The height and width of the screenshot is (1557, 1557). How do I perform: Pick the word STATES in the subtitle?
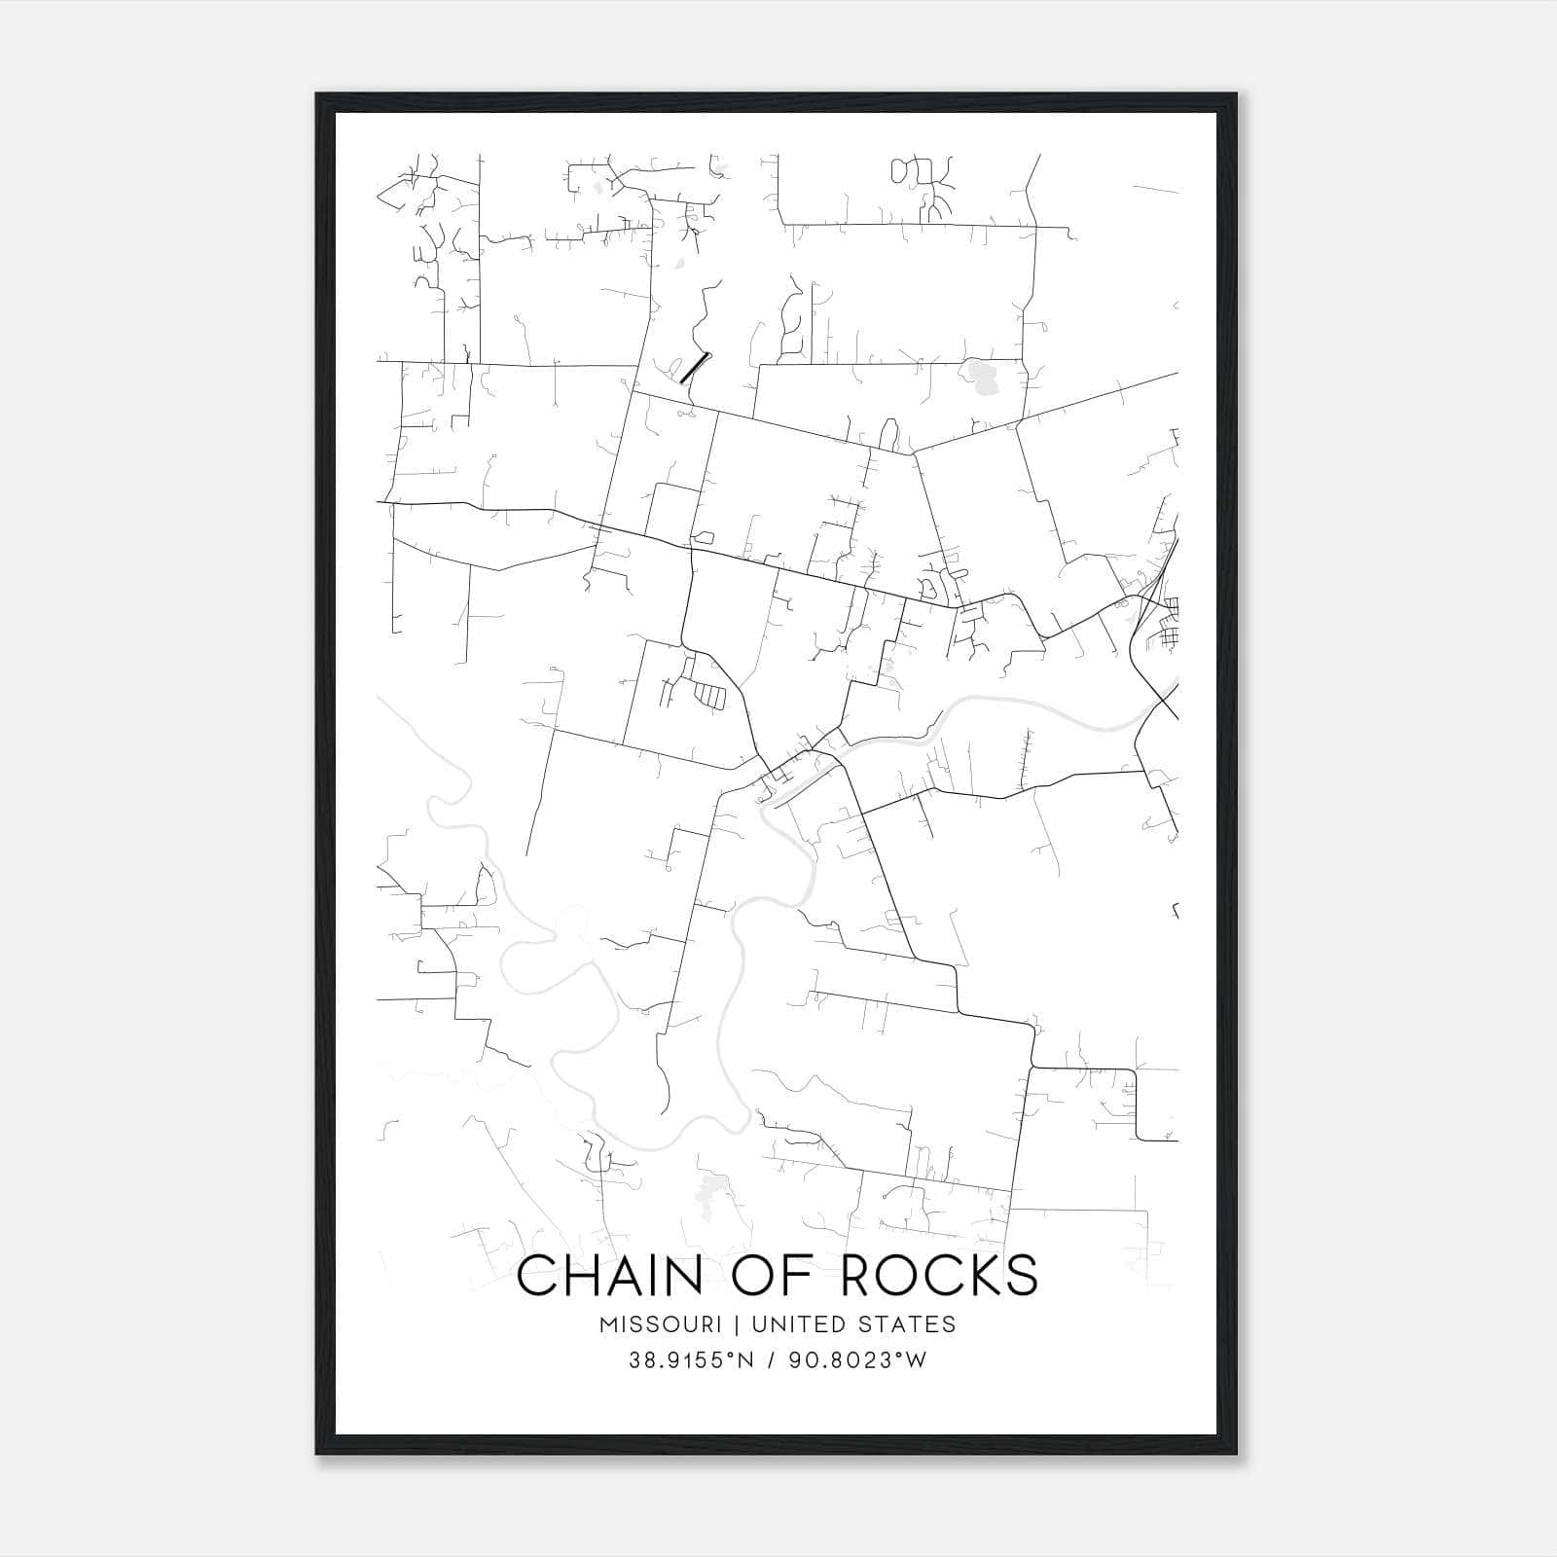pyautogui.click(x=911, y=1324)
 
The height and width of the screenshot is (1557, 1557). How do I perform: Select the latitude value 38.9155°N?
pyautogui.click(x=691, y=1360)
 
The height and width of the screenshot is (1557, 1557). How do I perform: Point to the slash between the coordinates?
pyautogui.click(x=769, y=1360)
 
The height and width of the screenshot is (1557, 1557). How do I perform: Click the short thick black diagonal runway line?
pyautogui.click(x=695, y=367)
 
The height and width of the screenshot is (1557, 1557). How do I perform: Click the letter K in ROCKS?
pyautogui.click(x=979, y=1276)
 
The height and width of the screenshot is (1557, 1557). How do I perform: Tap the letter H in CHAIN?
pyautogui.click(x=587, y=1276)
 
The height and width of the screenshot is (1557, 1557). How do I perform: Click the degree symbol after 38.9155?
pyautogui.click(x=733, y=1355)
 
